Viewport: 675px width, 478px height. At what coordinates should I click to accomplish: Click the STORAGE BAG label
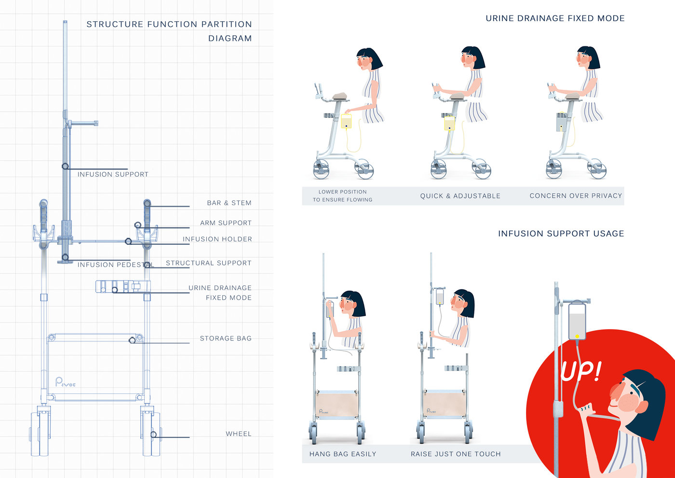point(226,338)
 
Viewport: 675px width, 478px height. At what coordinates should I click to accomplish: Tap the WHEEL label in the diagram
point(239,434)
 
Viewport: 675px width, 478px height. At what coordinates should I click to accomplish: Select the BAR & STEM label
point(229,203)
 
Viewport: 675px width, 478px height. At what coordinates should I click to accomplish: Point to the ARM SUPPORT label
point(226,223)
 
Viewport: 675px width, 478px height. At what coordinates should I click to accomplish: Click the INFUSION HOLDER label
point(217,239)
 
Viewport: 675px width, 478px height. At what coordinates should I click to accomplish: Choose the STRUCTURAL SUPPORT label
point(208,263)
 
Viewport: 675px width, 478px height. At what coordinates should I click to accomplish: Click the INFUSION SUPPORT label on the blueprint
point(113,174)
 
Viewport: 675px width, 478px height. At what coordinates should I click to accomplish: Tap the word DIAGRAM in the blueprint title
point(230,39)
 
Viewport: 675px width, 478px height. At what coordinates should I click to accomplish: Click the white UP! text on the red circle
point(581,371)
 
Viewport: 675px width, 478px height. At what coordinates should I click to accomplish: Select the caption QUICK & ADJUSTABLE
point(460,196)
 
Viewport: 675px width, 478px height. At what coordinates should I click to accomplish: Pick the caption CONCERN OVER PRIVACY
point(576,196)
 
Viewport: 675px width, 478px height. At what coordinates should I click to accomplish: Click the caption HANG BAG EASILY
point(342,454)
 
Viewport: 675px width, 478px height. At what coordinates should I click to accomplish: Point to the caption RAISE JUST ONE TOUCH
point(456,454)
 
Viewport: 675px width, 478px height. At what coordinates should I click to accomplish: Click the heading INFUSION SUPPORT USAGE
point(561,234)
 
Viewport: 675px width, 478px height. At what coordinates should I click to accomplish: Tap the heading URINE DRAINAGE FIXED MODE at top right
point(555,18)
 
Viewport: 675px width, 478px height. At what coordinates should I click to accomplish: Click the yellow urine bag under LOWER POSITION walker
point(346,121)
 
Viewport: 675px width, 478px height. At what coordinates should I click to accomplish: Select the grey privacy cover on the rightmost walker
point(561,122)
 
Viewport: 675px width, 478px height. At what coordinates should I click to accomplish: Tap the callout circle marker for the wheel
point(153,435)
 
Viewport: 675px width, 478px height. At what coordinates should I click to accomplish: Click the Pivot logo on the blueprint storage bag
point(65,382)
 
